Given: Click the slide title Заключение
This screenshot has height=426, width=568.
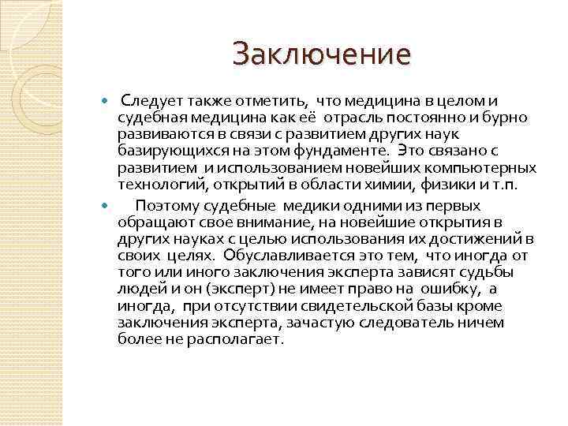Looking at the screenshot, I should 322,54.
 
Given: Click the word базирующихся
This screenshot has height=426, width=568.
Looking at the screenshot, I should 165,151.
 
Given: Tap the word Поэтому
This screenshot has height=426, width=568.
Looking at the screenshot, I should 165,204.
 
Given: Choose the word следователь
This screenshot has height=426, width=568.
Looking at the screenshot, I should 417,323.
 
